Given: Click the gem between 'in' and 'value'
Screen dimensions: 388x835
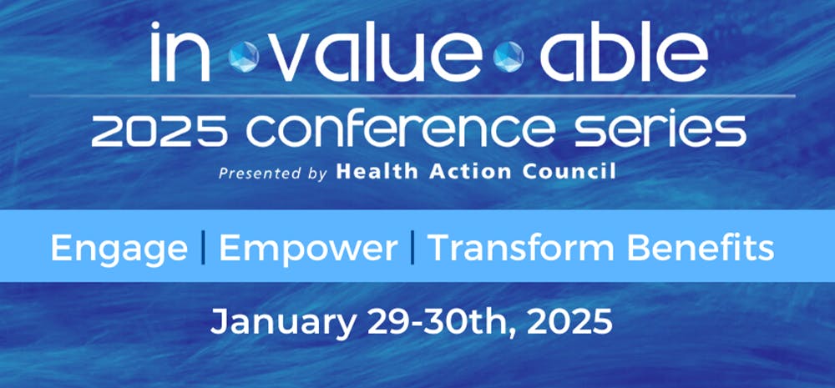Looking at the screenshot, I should click(x=243, y=57).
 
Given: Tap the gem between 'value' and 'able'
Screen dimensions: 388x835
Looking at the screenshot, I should click(x=508, y=57).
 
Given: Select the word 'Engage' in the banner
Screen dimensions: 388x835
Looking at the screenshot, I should click(x=119, y=249).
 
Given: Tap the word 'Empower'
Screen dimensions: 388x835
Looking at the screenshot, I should click(x=307, y=249).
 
